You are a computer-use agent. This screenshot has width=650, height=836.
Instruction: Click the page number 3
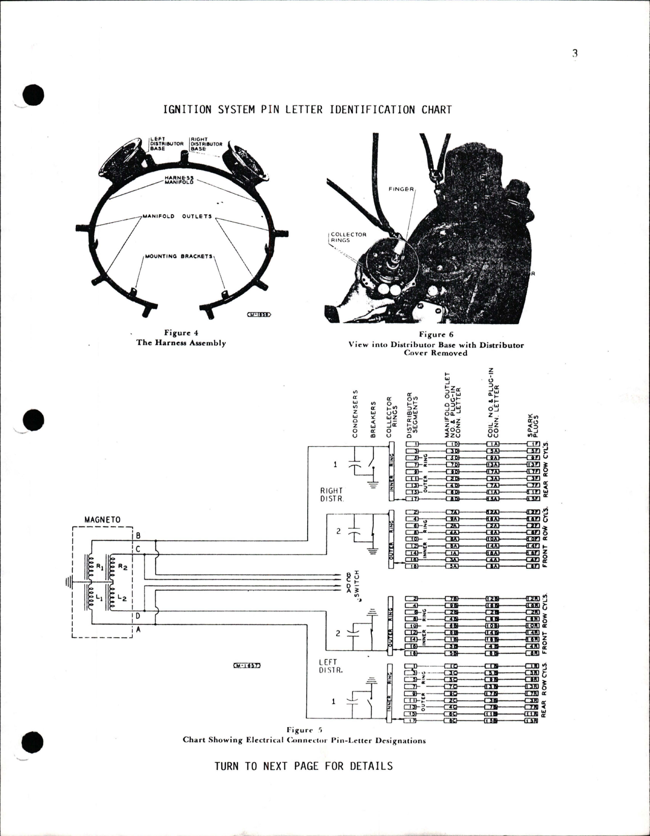pyautogui.click(x=575, y=54)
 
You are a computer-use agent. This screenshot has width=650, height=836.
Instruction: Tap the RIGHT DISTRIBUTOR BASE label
pyautogui.click(x=206, y=144)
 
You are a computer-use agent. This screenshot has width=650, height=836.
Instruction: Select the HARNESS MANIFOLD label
pyautogui.click(x=179, y=180)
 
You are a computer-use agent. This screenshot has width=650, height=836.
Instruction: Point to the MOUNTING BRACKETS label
pyautogui.click(x=179, y=256)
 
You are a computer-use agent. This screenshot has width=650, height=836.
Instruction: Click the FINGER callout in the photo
pyautogui.click(x=401, y=189)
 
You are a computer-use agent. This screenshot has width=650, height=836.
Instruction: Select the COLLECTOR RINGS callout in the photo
pyautogui.click(x=348, y=238)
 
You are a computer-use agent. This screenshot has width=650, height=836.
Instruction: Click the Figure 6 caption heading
pyautogui.click(x=435, y=334)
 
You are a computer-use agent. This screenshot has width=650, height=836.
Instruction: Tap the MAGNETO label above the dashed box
pyautogui.click(x=102, y=520)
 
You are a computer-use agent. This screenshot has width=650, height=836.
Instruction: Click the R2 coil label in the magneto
pyautogui.click(x=123, y=566)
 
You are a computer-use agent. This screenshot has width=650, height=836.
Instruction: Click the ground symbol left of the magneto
pyautogui.click(x=68, y=580)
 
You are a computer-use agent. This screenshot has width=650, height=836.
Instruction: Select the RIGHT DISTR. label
pyautogui.click(x=331, y=495)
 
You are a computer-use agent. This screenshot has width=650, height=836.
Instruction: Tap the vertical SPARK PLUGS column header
pyautogui.click(x=533, y=425)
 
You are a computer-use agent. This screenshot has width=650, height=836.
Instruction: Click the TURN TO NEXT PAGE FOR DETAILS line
pyautogui.click(x=303, y=766)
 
